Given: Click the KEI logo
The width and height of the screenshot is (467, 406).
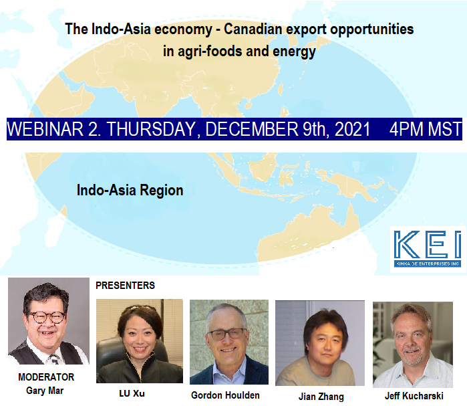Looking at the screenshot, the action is pyautogui.click(x=428, y=249).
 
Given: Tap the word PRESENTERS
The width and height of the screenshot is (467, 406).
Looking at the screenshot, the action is pyautogui.click(x=125, y=286).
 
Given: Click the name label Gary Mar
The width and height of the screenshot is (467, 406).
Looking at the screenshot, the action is pyautogui.click(x=45, y=391).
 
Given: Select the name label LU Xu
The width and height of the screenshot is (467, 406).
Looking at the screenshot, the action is pyautogui.click(x=132, y=393).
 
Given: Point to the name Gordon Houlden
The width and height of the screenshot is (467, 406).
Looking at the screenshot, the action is pyautogui.click(x=225, y=395).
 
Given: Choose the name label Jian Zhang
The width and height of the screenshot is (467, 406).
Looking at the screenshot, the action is pyautogui.click(x=321, y=397).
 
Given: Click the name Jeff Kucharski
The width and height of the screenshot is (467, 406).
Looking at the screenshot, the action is pyautogui.click(x=414, y=396).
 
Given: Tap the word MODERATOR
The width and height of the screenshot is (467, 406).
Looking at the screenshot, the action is pyautogui.click(x=46, y=377).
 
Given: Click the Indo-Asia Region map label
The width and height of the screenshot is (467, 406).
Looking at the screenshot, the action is pyautogui.click(x=130, y=191).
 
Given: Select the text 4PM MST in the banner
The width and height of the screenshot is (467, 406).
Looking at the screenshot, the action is pyautogui.click(x=426, y=129).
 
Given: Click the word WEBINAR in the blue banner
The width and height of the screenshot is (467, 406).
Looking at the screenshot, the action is pyautogui.click(x=45, y=129).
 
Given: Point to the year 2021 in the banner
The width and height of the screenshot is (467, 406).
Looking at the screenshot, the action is pyautogui.click(x=352, y=129).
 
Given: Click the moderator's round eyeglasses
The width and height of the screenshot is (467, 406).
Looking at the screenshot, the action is pyautogui.click(x=47, y=318).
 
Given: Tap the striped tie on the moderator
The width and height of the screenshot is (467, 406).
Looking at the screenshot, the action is pyautogui.click(x=53, y=359).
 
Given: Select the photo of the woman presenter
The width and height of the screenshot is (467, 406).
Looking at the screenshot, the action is pyautogui.click(x=140, y=341).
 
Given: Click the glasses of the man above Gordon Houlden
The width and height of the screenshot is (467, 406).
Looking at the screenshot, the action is pyautogui.click(x=228, y=334).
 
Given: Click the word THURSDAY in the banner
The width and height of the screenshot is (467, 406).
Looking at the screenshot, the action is pyautogui.click(x=151, y=129).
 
